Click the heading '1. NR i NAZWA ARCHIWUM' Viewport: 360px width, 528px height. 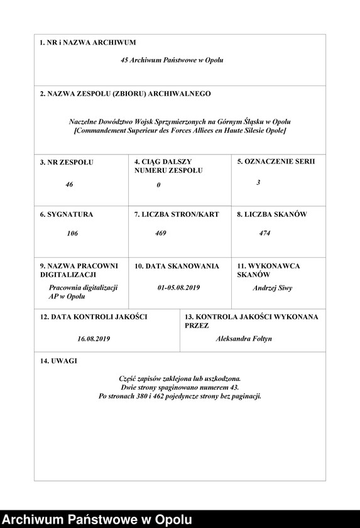[x=87, y=43]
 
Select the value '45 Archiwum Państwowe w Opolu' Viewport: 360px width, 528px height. [x=172, y=60]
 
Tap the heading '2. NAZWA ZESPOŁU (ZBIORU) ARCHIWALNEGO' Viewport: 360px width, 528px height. [x=125, y=94]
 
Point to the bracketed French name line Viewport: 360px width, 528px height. [x=180, y=130]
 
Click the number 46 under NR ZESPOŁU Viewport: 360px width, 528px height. [x=69, y=185]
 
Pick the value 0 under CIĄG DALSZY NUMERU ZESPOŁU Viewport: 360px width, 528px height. [x=158, y=185]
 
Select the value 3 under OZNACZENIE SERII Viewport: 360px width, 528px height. [x=258, y=182]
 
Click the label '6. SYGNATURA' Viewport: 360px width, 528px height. [x=66, y=214]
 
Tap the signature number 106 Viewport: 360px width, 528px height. [x=72, y=233]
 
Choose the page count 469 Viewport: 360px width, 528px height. [x=161, y=233]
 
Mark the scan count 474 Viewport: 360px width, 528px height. [x=265, y=233]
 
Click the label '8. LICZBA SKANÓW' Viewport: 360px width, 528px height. [x=271, y=214]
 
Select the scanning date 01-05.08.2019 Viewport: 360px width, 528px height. [x=178, y=287]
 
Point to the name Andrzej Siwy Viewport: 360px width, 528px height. [x=272, y=288]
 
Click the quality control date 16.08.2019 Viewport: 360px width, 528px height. [x=94, y=338]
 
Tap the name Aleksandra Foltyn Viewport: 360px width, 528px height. [x=244, y=338]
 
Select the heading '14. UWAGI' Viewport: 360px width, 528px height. [x=58, y=361]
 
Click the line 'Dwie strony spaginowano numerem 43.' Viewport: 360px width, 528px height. [x=180, y=388]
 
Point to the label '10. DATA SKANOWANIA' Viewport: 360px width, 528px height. [x=177, y=266]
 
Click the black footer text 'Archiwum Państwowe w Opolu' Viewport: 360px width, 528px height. [x=96, y=519]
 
